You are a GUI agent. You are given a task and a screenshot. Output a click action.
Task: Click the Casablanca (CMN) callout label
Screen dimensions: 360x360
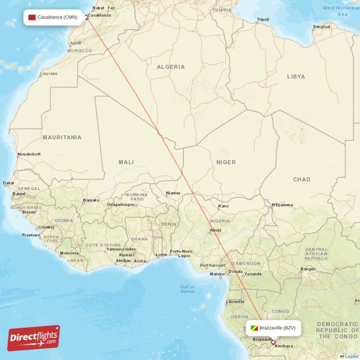(53, 18)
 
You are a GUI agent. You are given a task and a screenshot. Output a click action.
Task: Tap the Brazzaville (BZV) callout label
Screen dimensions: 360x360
(273, 328)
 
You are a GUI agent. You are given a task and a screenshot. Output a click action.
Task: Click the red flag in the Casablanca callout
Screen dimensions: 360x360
(32, 18)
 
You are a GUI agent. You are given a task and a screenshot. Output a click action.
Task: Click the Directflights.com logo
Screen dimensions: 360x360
(34, 338)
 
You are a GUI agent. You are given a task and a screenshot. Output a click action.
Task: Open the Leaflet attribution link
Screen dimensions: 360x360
(351, 356)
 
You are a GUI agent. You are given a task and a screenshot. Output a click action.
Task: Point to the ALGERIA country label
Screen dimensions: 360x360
(171, 67)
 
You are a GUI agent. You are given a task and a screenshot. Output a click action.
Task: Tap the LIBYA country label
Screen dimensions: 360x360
(296, 76)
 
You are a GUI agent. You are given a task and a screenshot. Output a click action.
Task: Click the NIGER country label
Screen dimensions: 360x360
(226, 162)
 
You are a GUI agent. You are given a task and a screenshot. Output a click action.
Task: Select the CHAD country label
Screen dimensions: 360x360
(301, 180)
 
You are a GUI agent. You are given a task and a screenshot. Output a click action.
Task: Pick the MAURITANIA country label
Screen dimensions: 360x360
(62, 137)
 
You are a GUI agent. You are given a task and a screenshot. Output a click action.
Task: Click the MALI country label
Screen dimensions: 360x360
(126, 162)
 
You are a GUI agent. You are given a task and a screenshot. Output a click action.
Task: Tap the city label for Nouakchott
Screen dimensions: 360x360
(29, 154)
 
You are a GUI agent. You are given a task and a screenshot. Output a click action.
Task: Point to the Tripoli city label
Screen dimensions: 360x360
(263, 20)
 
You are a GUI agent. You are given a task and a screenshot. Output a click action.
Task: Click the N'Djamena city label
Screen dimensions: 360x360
(282, 205)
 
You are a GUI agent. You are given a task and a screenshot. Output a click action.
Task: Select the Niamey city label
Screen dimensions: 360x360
(173, 193)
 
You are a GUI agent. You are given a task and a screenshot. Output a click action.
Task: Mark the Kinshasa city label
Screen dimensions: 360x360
(283, 346)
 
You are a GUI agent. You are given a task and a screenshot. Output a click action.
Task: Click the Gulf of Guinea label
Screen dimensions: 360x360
(187, 289)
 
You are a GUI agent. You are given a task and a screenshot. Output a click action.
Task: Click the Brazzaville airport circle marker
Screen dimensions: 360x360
(273, 342)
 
